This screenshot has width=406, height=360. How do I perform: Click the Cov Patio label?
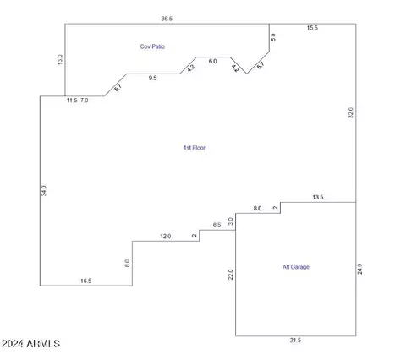pos(152,46)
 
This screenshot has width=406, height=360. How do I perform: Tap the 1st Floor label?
pos(195,148)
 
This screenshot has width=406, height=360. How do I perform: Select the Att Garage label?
pos(296,267)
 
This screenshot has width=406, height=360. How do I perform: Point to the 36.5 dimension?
pos(167,19)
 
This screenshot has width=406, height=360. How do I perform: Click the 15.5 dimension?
pos(312,28)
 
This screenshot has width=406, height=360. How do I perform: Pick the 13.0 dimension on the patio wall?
pos(60,59)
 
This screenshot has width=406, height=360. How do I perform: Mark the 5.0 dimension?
pos(273,37)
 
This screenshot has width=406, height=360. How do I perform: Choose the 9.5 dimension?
pos(152,78)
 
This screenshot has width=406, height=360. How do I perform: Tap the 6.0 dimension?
pos(212,61)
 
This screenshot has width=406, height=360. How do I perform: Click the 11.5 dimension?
pos(72,101)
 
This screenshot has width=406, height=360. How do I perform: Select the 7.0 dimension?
pos(84,101)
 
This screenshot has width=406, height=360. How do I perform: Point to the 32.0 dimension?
pos(351,112)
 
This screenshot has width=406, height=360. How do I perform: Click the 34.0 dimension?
pos(44,191)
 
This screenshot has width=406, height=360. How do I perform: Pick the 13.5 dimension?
pos(318,197)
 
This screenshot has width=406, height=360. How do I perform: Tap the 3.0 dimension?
pos(231,221)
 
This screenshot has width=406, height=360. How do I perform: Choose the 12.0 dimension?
pos(166,236)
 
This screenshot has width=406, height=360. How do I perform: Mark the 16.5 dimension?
pos(85,281)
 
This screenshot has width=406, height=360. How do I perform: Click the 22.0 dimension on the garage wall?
pos(231,275)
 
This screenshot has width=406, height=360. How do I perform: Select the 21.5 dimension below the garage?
pos(295,341)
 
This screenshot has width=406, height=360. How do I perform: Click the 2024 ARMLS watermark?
pos(30,344)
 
